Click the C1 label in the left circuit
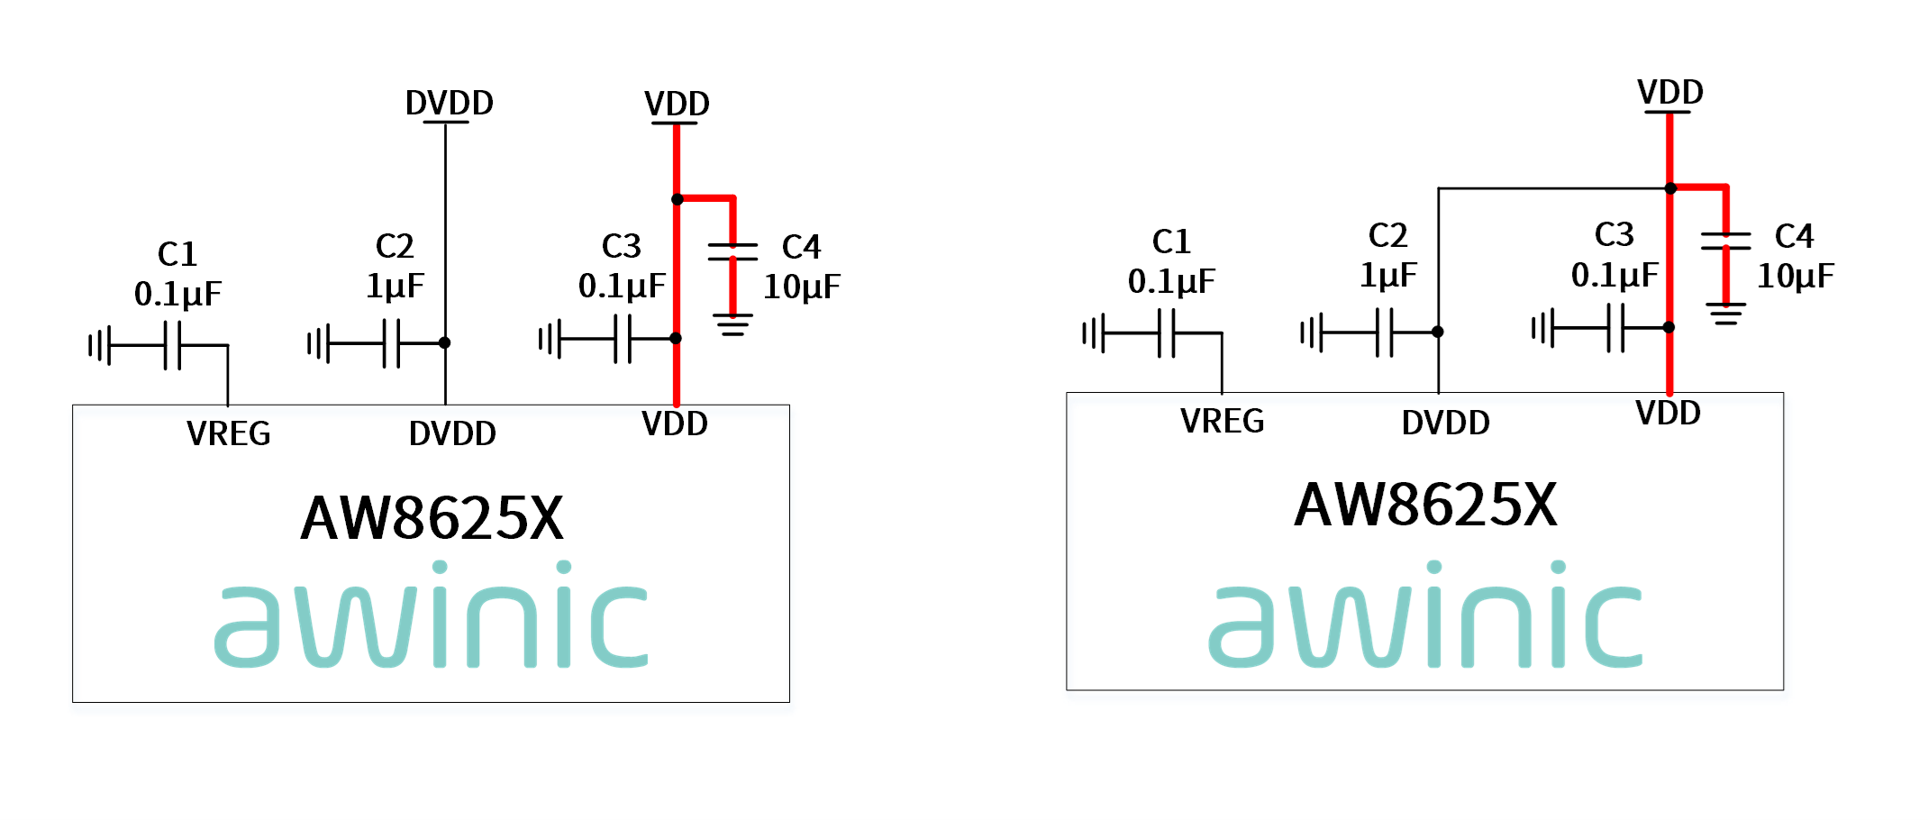(177, 254)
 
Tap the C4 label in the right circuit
(1794, 236)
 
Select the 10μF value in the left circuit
(802, 287)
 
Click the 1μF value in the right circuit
(1388, 275)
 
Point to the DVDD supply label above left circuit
(450, 103)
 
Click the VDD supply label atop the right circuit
(1670, 92)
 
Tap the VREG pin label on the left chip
(229, 433)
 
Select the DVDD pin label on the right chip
(1446, 422)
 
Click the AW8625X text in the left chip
(432, 518)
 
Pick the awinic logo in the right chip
(1426, 615)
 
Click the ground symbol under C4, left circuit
(732, 324)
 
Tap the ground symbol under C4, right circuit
(1726, 313)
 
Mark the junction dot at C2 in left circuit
(445, 342)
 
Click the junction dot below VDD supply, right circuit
(1670, 188)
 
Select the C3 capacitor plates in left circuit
(623, 339)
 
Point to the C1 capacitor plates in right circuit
(1167, 333)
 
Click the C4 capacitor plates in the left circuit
(732, 251)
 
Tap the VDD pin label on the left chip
(675, 424)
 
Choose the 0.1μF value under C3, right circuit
(1614, 275)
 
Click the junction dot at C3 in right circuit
(1669, 327)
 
